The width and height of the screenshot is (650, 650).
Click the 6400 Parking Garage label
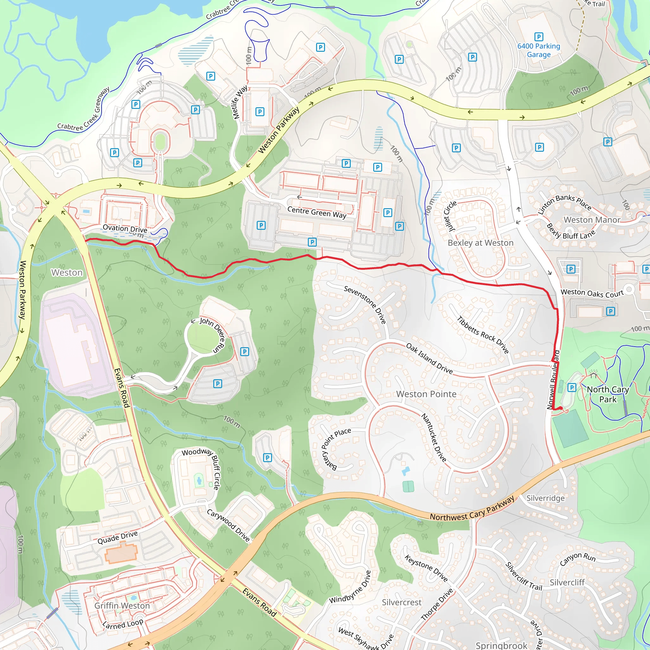[539, 50]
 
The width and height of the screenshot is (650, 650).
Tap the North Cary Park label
[607, 394]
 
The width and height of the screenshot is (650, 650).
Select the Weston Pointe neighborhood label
[426, 394]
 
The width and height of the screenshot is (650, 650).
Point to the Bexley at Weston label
[481, 243]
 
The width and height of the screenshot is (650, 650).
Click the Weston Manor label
[592, 220]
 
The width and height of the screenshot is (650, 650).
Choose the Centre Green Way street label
[316, 212]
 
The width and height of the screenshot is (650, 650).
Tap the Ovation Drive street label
[125, 229]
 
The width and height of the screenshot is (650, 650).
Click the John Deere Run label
[212, 335]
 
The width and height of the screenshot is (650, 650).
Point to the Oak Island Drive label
[429, 358]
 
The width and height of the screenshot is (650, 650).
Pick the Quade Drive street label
[117, 537]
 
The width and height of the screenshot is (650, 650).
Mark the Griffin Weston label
[122, 606]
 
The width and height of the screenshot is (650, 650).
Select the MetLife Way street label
[241, 102]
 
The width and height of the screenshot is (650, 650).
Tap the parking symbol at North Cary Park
[572, 388]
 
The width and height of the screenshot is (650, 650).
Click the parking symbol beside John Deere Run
[245, 352]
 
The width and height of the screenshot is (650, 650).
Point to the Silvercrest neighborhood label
[401, 602]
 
